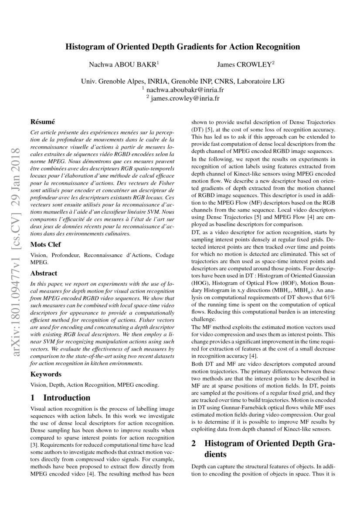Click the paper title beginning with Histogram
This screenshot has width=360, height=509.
183,47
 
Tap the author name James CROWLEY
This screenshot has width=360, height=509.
245,64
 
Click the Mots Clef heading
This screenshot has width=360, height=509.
46,245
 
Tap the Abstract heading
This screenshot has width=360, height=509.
44,273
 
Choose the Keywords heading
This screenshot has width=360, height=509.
46,374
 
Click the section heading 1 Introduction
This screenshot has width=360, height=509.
61,398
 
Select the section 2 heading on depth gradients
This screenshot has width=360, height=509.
263,449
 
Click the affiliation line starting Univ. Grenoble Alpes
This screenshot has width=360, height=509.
183,81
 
